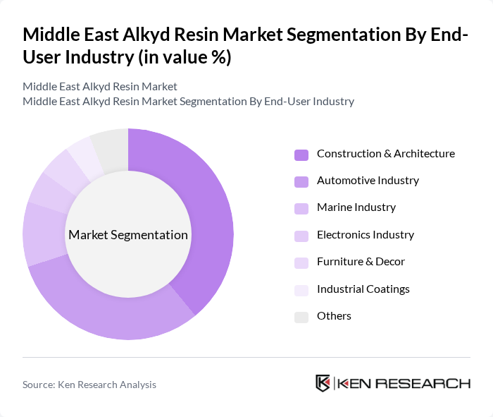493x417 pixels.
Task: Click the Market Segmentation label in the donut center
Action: point(128,235)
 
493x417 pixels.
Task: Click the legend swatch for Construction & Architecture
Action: point(301,154)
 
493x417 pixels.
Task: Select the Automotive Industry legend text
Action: point(368,181)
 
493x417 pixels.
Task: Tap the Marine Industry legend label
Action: point(356,207)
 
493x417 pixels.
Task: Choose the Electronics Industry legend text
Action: point(365,235)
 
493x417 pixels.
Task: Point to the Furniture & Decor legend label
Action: point(361,262)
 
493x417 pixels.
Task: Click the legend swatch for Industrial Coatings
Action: point(301,289)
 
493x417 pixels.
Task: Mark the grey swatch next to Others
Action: point(301,316)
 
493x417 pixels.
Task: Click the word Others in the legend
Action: point(334,316)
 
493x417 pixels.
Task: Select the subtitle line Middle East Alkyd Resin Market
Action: point(99,86)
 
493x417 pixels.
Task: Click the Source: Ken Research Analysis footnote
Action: point(89,385)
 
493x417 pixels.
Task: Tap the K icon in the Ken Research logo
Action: point(323,383)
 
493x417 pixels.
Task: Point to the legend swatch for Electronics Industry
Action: point(301,235)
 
